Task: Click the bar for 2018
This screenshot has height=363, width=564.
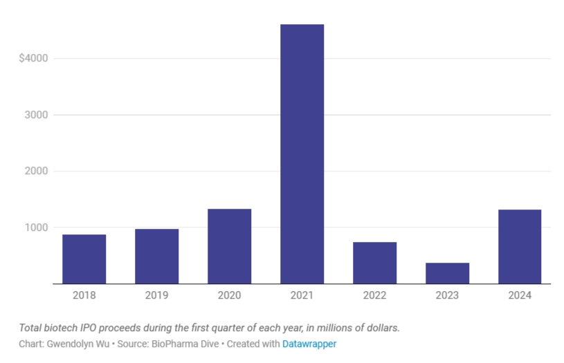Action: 84,259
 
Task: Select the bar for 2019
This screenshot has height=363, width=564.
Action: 156,256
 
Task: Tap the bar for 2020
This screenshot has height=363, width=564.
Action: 229,246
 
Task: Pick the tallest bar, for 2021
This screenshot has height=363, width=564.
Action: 302,153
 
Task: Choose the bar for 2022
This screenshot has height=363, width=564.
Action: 374,263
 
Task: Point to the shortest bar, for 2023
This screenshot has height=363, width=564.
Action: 447,273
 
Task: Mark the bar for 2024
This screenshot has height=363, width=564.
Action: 520,246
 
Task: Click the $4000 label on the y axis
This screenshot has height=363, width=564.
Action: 33,58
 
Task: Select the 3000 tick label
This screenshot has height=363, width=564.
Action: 35,115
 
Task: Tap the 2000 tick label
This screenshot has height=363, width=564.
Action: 35,171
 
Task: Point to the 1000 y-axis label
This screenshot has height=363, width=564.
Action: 35,227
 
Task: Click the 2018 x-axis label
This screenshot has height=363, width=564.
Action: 84,295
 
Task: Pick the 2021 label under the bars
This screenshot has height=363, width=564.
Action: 302,295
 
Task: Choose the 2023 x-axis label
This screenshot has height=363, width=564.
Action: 447,295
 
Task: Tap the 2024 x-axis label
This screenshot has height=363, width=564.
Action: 520,295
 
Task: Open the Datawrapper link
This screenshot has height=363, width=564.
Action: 309,344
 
